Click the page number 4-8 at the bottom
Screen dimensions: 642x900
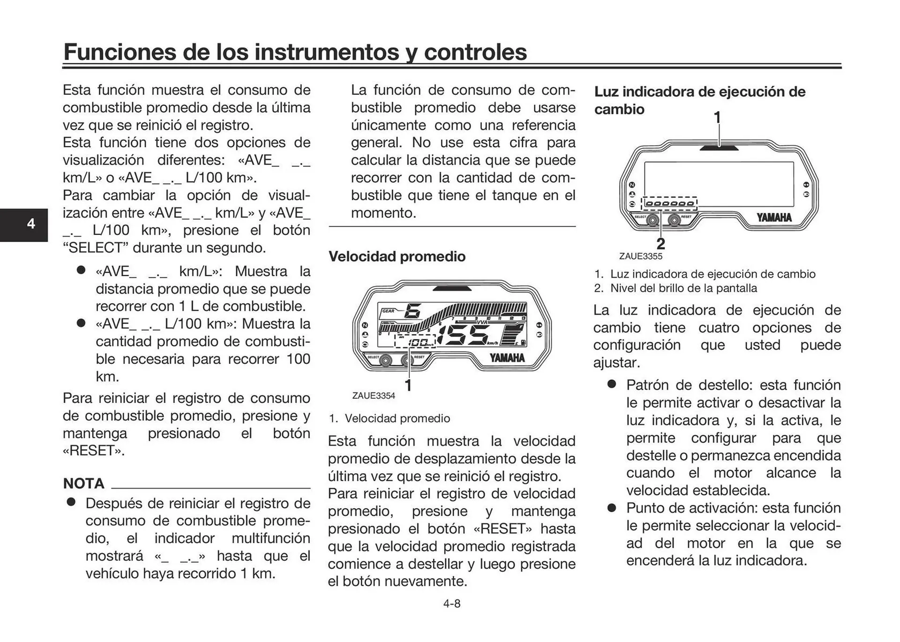[451, 604]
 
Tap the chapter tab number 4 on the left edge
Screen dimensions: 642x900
[31, 224]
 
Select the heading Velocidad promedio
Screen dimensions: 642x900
[397, 257]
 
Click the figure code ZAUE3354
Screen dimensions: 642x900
[374, 396]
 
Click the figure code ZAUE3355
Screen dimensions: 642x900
[640, 257]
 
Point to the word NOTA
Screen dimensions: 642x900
[83, 483]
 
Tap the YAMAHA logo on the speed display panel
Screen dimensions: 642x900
[507, 358]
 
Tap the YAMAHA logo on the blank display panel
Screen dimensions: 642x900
[774, 218]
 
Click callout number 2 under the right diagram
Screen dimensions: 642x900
[660, 244]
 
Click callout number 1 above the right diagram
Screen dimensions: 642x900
[717, 117]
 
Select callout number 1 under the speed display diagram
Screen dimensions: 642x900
[408, 385]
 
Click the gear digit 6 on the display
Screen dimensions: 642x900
[412, 311]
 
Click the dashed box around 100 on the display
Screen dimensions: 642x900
[415, 342]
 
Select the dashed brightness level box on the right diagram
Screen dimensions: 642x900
[670, 204]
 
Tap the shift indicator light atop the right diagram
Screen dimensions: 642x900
[719, 148]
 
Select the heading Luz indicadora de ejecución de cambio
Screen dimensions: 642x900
[699, 100]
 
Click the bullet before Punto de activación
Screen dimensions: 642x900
[611, 508]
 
